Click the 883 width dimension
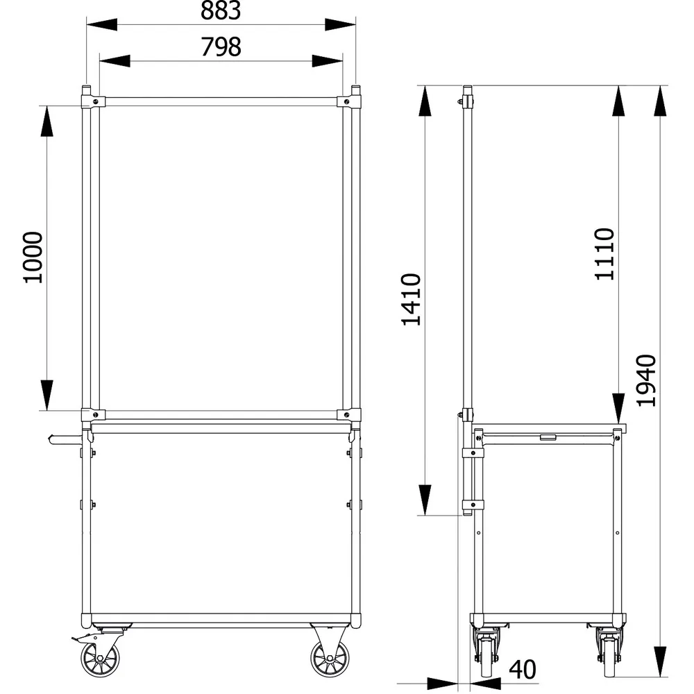(x=221, y=10)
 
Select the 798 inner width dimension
(x=221, y=47)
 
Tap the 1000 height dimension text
(x=33, y=257)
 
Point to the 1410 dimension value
(x=412, y=300)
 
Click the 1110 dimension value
(x=604, y=253)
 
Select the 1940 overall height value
(x=645, y=380)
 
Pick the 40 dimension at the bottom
(x=523, y=670)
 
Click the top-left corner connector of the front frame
(x=92, y=101)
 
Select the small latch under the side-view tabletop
(x=547, y=437)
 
